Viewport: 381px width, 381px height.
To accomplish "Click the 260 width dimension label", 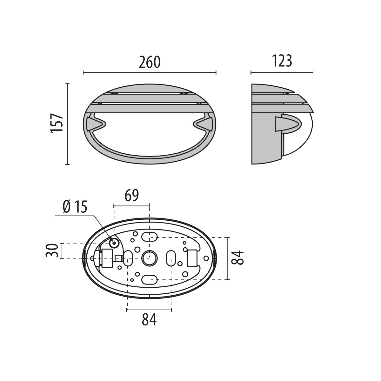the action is (150, 62).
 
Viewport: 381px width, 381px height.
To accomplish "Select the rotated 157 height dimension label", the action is (57, 123).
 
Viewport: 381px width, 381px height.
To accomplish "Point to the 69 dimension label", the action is (132, 196).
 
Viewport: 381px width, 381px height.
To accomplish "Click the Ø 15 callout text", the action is (75, 207).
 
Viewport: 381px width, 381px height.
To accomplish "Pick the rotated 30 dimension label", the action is (52, 251).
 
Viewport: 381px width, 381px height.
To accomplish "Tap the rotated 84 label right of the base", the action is (237, 257).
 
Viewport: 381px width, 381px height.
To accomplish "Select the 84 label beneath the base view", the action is (149, 319).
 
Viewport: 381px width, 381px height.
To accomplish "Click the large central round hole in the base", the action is (149, 258).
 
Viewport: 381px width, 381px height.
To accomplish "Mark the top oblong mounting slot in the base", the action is (149, 237).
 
